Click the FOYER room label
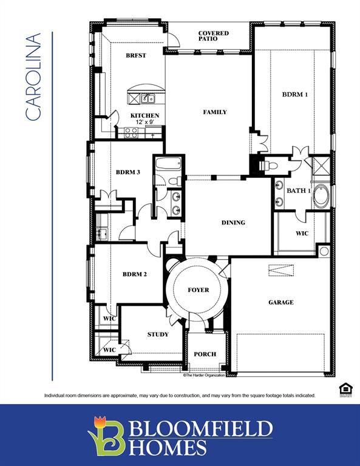[x=198, y=290]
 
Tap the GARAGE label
[x=280, y=302]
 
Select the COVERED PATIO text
[x=213, y=36]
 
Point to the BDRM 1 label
[x=295, y=95]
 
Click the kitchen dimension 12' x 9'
[x=144, y=123]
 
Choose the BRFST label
[x=135, y=55]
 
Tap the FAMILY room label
[x=215, y=112]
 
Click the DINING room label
[x=233, y=223]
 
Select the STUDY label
[x=158, y=334]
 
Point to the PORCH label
[x=205, y=354]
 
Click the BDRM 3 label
[x=128, y=172]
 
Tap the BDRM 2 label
[x=135, y=274]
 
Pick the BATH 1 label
[x=299, y=191]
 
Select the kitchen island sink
[x=147, y=98]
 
